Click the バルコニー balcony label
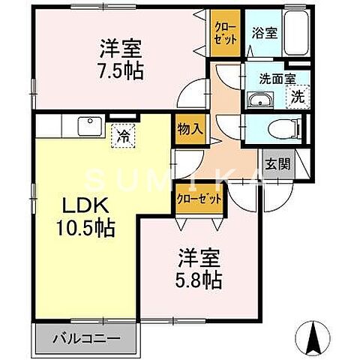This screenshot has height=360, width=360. (x=85, y=338)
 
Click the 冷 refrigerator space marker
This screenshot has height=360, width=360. (x=122, y=136)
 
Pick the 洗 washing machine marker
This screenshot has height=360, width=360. (x=298, y=96)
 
